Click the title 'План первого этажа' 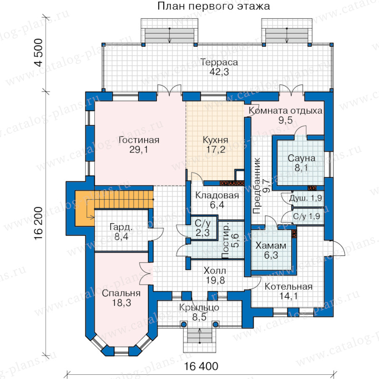(214, 6)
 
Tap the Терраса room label (219, 62)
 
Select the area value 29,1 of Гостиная (139, 149)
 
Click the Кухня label (215, 140)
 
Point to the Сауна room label (302, 158)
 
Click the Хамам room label (271, 246)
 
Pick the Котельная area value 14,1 (288, 296)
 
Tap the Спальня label (121, 293)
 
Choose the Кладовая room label (217, 195)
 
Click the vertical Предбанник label (257, 186)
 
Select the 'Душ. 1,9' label (306, 198)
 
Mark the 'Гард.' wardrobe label (121, 227)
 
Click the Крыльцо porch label (199, 307)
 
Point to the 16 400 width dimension (201, 366)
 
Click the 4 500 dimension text (39, 53)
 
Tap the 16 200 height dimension (39, 223)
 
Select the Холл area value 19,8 (215, 280)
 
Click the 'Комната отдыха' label (286, 111)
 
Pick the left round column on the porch (184, 324)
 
